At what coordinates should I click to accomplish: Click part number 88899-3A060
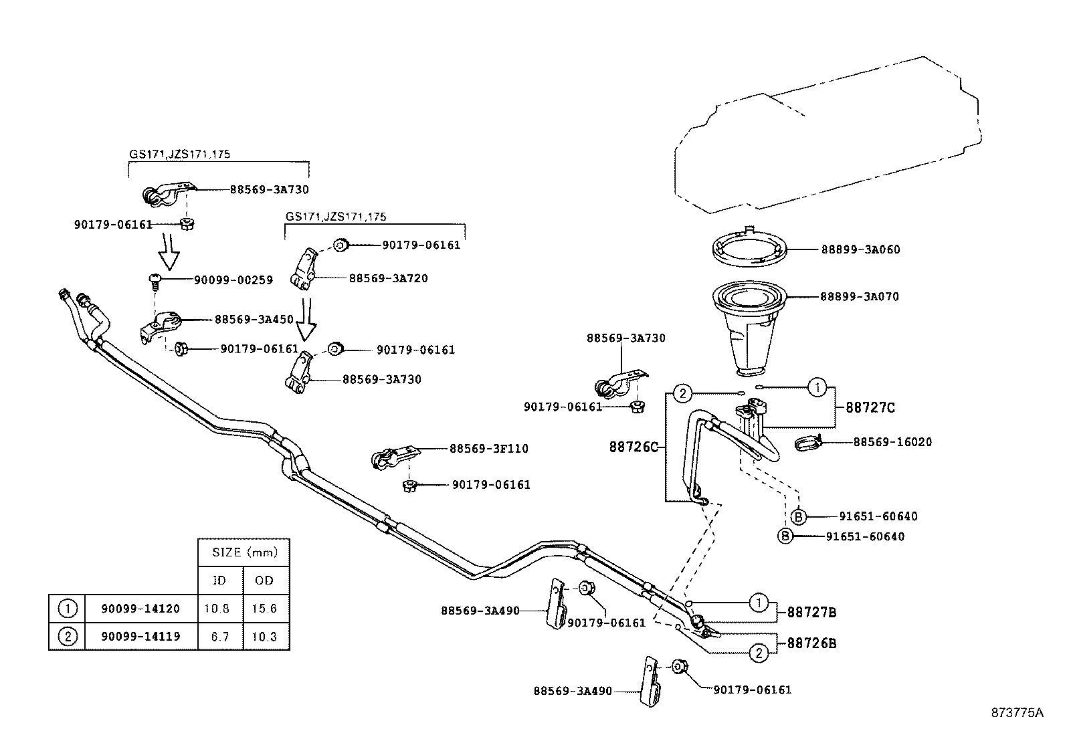(x=860, y=250)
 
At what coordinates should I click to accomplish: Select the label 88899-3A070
(x=860, y=296)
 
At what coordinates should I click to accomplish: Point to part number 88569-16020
(x=892, y=442)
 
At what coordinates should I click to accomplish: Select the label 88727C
(x=870, y=407)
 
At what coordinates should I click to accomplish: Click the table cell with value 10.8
(x=219, y=609)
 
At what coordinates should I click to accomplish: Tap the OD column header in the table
(x=264, y=581)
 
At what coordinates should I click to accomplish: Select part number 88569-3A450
(x=254, y=320)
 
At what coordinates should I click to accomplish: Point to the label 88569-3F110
(x=488, y=449)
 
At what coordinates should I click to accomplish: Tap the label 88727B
(x=811, y=612)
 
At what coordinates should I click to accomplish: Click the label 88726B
(x=811, y=643)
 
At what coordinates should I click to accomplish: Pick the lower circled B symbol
(x=785, y=536)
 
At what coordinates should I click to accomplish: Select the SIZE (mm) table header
(x=244, y=552)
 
